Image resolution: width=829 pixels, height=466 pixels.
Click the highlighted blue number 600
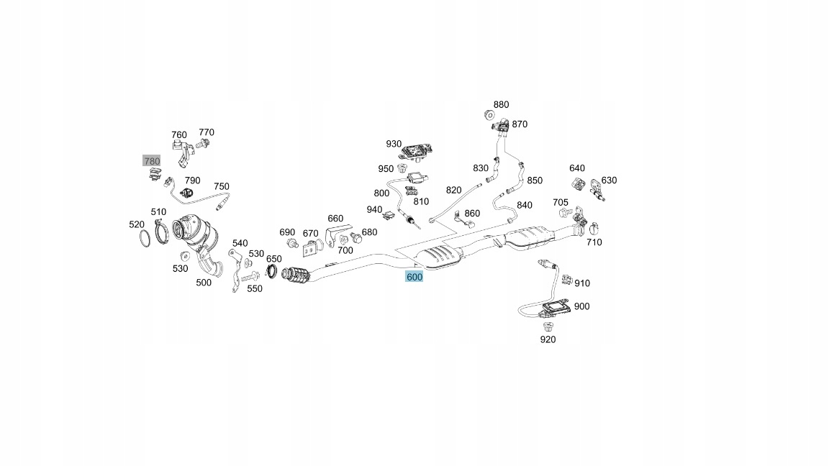pos(414,276)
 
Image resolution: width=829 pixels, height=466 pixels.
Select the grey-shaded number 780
pos(152,161)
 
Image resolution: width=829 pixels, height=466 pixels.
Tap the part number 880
pos(501,104)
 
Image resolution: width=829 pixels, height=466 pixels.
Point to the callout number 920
pos(548,339)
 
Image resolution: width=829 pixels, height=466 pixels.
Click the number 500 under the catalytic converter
pos(204,283)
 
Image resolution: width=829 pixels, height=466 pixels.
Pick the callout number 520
pos(137,224)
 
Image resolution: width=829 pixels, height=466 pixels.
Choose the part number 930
pos(394,144)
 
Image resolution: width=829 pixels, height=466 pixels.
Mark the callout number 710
pos(594,242)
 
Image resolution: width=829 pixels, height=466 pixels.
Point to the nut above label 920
pos(548,326)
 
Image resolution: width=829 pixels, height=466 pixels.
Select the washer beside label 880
pos(489,114)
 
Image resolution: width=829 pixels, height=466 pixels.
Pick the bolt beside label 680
pos(356,237)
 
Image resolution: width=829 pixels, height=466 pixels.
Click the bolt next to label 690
pos(291,244)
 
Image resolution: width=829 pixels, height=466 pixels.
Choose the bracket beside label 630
pos(597,188)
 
